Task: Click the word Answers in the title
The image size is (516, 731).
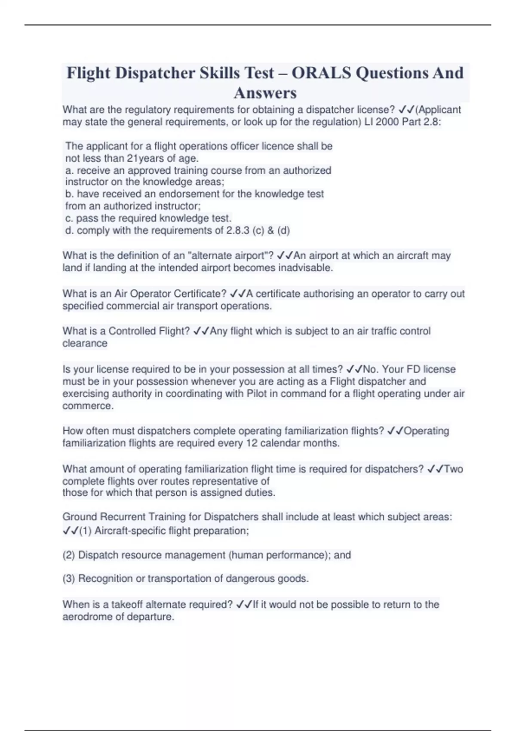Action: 265,93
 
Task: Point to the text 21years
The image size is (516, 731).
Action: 146,158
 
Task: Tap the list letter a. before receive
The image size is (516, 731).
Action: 70,170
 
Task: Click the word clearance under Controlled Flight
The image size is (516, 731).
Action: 85,344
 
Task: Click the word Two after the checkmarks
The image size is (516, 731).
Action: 453,469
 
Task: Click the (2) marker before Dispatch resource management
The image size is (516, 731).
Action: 69,555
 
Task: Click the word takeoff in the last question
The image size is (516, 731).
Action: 127,605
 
